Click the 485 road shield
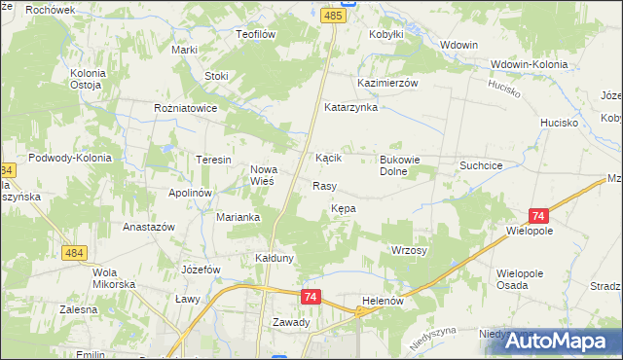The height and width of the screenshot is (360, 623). (x=334, y=17)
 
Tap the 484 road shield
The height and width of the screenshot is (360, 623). (x=73, y=253)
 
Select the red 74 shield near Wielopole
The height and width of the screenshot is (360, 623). (x=538, y=217)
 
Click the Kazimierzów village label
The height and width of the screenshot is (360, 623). (x=387, y=84)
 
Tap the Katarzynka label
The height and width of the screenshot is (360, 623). (x=350, y=107)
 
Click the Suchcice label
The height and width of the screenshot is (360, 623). (x=481, y=166)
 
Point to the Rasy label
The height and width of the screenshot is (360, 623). (x=324, y=185)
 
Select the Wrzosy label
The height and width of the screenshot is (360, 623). (x=409, y=250)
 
